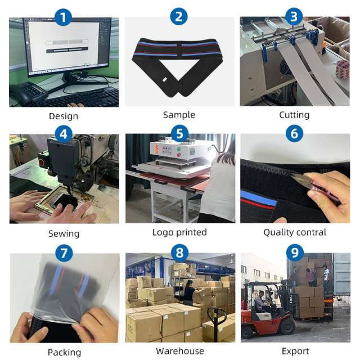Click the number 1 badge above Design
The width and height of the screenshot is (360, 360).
63,17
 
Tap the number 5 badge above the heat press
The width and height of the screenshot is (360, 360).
180,134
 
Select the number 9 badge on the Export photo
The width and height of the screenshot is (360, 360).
295,253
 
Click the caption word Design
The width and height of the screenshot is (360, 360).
64,116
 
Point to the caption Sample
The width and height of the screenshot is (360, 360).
179,115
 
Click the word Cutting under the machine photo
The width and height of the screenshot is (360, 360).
294,115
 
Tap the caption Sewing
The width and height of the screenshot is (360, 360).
64,234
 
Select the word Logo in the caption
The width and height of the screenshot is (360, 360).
162,232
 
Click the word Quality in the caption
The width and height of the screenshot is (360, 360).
277,232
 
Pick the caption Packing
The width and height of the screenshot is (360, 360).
64,353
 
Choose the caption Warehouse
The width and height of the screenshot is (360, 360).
180,351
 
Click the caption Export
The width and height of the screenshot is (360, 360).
295,351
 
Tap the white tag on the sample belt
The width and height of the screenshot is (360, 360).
165,80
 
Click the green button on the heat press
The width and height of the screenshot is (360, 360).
179,149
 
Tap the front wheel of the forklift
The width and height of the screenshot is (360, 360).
286,326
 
